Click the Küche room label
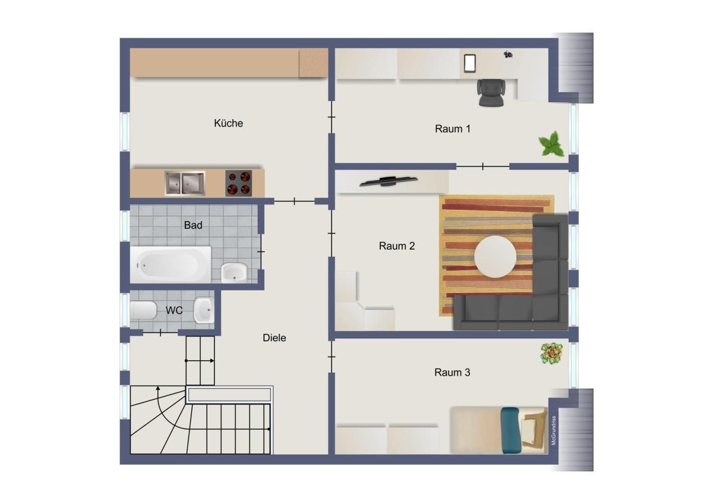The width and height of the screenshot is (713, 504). click(x=228, y=123)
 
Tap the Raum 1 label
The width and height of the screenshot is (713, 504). click(x=453, y=129)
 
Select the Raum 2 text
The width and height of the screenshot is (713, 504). click(x=397, y=246)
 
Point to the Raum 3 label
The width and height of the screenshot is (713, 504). click(x=452, y=372)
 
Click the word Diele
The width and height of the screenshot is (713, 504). click(x=274, y=338)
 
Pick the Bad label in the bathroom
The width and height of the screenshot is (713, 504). click(x=193, y=225)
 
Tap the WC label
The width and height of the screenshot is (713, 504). click(x=174, y=310)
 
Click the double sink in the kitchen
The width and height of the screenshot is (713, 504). click(x=185, y=183)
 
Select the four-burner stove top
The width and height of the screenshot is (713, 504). click(x=239, y=183)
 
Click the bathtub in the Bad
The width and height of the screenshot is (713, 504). click(x=171, y=264)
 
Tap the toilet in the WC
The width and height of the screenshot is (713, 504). click(x=143, y=310)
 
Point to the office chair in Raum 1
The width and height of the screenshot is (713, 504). click(x=491, y=92)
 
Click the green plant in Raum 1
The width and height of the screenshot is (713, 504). click(x=551, y=144)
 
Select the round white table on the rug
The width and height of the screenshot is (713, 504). click(x=495, y=257)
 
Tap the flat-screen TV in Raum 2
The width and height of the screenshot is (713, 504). click(x=389, y=181)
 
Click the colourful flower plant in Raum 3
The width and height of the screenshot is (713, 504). click(x=551, y=354)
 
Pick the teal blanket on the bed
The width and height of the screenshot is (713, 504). click(x=511, y=430)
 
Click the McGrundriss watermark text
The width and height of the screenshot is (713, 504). click(x=554, y=430)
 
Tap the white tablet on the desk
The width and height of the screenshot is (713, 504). click(x=470, y=64)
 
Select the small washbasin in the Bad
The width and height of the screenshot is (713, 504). click(x=234, y=273)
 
